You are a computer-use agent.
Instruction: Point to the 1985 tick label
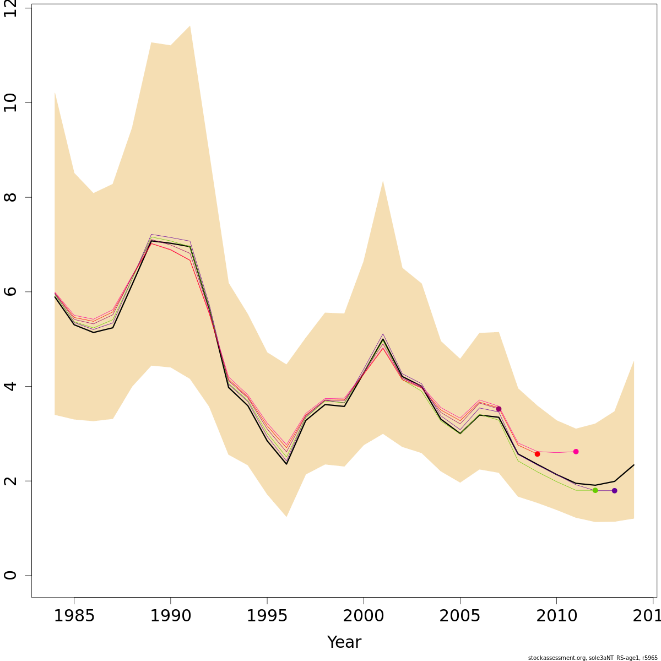(x=74, y=616)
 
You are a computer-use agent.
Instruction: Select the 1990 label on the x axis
(x=171, y=616)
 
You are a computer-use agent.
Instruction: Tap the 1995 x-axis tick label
(x=267, y=616)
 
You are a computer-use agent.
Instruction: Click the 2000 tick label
(x=364, y=616)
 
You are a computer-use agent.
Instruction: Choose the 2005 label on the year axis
(x=460, y=616)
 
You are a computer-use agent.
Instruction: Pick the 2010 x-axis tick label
(x=556, y=616)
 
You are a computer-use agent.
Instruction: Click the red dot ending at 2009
(x=537, y=454)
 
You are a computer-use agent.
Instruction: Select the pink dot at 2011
(x=576, y=452)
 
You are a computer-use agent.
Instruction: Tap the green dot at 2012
(x=595, y=490)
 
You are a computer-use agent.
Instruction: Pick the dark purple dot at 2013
(x=614, y=491)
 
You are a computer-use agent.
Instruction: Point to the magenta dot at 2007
(x=499, y=409)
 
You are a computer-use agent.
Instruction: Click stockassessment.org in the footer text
(x=554, y=658)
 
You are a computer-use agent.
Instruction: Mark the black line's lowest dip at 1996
(x=286, y=464)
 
